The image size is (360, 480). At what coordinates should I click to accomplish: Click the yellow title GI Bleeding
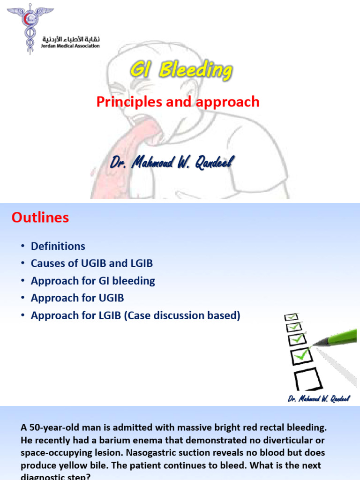(180, 71)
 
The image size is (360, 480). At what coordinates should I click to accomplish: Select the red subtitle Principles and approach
(178, 102)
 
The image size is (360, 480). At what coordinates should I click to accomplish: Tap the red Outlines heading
(40, 217)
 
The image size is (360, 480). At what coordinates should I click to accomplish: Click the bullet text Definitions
(58, 246)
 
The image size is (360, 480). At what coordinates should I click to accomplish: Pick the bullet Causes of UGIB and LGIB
(92, 263)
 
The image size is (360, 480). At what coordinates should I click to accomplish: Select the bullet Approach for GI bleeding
(93, 281)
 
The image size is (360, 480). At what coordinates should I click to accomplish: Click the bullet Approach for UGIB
(77, 298)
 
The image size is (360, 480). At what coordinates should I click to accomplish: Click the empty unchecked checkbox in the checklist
(307, 378)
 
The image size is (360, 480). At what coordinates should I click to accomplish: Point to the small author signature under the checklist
(318, 398)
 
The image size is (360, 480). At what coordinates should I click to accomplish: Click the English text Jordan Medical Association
(71, 46)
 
